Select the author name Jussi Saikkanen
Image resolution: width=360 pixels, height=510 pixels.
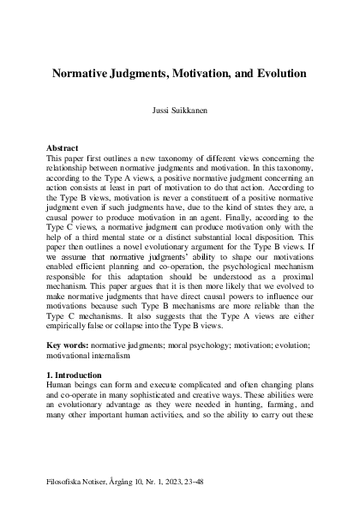pos(179,112)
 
